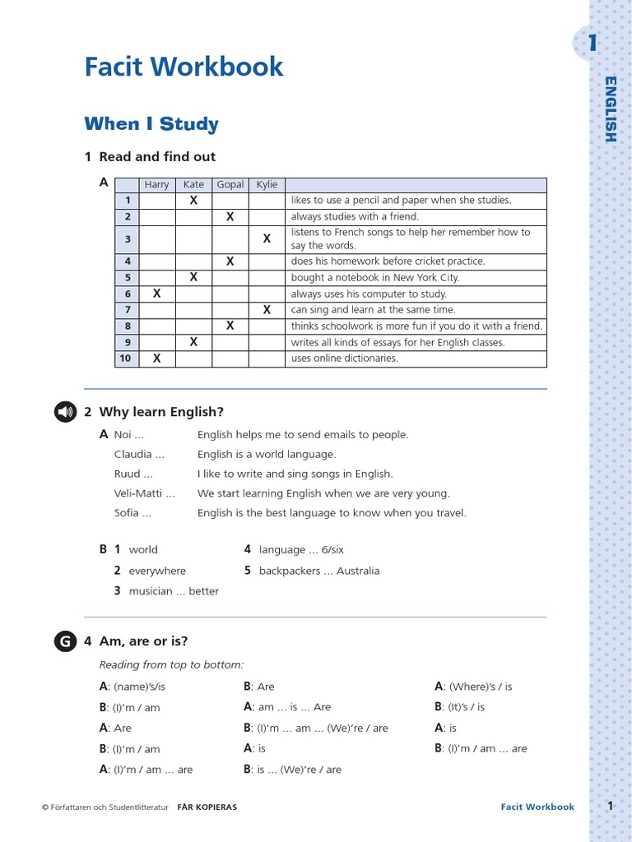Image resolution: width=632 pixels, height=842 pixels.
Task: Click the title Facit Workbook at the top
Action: [x=184, y=67]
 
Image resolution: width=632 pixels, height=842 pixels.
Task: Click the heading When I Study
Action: [x=151, y=124]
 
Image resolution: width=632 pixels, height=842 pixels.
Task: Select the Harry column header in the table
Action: [x=156, y=184]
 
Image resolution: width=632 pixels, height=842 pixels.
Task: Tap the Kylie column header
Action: [x=267, y=184]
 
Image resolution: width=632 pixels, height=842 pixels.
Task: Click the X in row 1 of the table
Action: [x=193, y=200]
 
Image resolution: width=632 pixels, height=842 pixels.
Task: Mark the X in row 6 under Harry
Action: [x=156, y=294]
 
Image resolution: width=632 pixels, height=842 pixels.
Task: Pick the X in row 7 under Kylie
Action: [x=267, y=310]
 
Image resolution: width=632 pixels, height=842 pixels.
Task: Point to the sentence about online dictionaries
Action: [x=344, y=359]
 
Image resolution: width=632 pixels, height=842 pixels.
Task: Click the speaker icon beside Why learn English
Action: [x=65, y=412]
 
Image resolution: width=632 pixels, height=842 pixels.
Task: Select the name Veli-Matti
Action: [x=144, y=493]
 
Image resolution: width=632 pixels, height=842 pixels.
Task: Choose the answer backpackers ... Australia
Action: [x=319, y=571]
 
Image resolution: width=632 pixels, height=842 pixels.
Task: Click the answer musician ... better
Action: [x=174, y=591]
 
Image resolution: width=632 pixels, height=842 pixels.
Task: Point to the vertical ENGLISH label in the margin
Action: [x=610, y=109]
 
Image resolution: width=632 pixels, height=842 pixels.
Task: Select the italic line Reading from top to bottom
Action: [x=172, y=664]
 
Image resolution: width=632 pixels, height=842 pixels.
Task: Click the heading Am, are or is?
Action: [x=143, y=641]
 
